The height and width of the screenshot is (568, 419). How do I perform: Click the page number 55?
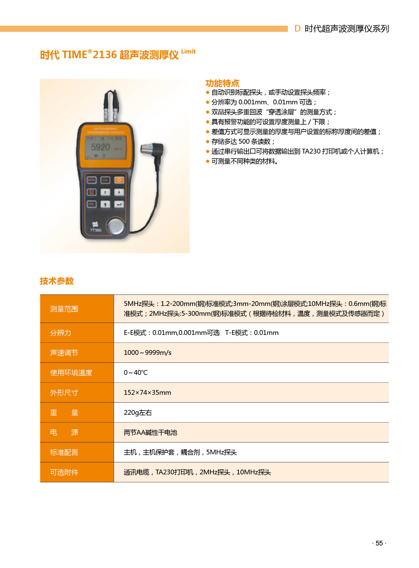(379, 543)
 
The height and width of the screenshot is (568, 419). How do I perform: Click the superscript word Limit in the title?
(188, 51)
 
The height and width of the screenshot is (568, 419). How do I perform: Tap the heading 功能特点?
(222, 83)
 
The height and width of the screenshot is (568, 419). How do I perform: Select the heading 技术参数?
(57, 281)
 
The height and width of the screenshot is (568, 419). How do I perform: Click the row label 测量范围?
(64, 309)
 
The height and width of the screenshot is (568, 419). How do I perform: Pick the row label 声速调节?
(64, 353)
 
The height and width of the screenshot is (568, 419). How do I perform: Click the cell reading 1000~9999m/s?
(148, 353)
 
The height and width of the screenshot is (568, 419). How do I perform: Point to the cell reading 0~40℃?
(136, 373)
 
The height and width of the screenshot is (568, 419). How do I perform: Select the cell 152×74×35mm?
(147, 393)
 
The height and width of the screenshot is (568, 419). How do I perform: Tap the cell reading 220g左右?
(138, 413)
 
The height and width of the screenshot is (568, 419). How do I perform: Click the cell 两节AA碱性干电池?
(150, 432)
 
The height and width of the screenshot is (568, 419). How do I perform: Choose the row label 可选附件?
(64, 472)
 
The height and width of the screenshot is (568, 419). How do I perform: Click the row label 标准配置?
(64, 452)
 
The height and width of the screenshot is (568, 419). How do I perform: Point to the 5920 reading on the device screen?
(101, 147)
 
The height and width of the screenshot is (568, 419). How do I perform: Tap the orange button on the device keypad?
(119, 180)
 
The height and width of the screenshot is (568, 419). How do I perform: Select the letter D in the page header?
(297, 28)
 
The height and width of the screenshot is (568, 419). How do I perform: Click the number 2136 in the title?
(105, 55)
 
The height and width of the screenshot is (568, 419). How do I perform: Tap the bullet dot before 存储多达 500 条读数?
(208, 141)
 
